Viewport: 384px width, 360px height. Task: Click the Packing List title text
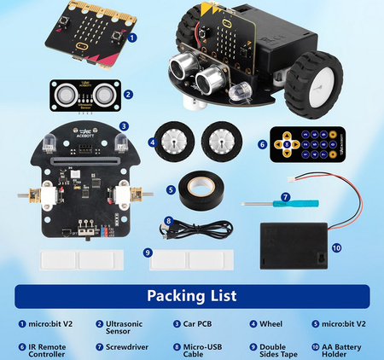click(191, 296)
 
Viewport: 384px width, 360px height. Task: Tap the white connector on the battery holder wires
click(294, 181)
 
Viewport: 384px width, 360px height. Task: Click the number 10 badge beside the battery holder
click(337, 248)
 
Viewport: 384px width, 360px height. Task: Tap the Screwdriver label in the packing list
click(124, 347)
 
